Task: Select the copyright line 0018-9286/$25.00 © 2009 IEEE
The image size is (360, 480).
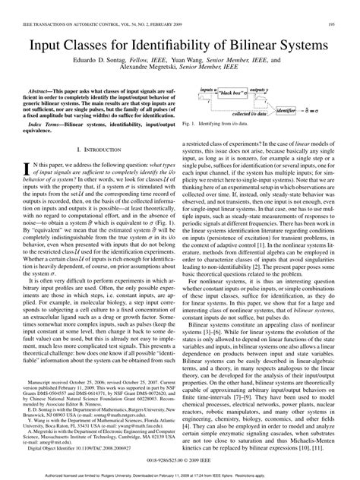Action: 179,459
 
